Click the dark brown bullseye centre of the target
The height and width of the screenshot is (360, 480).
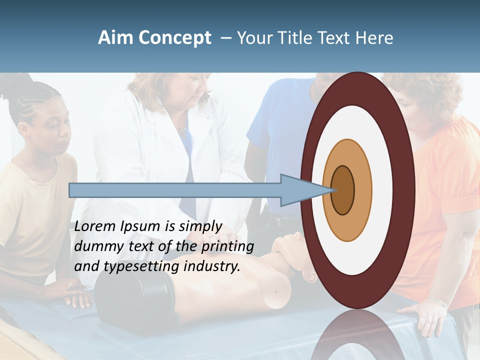click(x=343, y=190)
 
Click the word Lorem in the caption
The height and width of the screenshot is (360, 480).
click(x=94, y=226)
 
